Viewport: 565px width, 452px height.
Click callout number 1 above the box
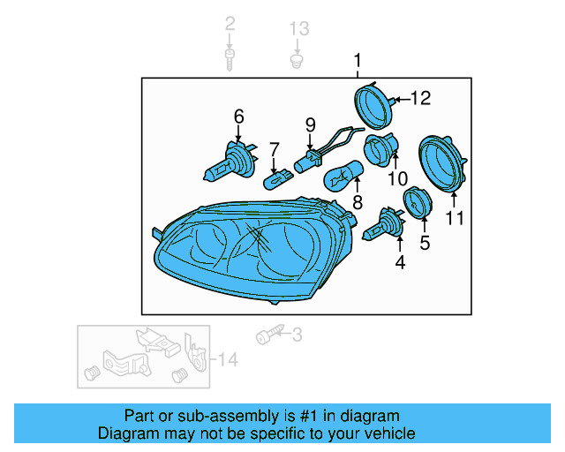tap(358, 61)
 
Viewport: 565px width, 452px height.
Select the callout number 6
tap(238, 116)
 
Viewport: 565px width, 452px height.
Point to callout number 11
tap(454, 217)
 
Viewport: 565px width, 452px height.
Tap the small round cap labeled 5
tap(416, 201)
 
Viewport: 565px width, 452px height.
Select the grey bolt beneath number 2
tap(230, 60)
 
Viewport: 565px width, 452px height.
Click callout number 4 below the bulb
tap(399, 262)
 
